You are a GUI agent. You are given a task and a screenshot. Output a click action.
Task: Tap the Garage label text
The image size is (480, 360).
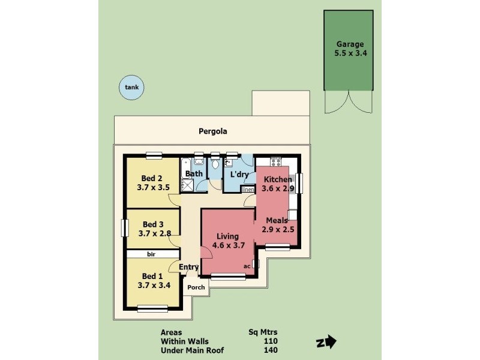point(350,44)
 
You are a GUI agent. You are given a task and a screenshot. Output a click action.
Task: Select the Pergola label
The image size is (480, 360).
point(212,131)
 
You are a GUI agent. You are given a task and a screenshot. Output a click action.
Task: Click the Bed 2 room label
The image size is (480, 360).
point(152,178)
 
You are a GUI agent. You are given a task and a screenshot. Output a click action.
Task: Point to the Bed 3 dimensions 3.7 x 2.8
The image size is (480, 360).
point(154,233)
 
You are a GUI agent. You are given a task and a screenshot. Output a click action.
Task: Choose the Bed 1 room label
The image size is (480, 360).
point(152,276)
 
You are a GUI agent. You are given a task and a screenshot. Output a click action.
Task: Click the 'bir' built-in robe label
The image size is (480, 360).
point(151,254)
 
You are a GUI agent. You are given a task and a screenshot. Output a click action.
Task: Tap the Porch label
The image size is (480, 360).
point(196,287)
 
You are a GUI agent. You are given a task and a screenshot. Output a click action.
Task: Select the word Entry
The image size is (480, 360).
point(189,267)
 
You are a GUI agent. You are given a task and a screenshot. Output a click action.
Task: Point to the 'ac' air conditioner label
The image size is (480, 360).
point(247,266)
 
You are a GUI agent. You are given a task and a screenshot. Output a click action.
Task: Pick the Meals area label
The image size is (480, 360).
point(277,220)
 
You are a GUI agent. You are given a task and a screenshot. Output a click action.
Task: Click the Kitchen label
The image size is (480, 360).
point(277,179)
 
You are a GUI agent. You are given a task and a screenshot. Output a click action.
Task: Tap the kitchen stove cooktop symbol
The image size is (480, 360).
point(276,161)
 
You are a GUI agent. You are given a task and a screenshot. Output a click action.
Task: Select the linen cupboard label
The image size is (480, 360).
point(248,190)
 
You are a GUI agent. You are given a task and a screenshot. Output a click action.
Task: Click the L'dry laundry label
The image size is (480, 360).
point(239,175)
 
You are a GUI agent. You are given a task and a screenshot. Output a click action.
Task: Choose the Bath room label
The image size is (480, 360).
point(194,174)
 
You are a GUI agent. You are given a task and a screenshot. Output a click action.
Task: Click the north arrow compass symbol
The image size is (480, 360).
point(323,343)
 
